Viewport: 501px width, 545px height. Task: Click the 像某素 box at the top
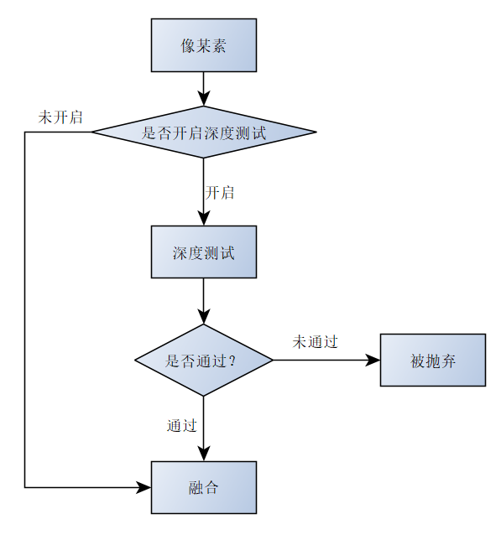click(x=203, y=45)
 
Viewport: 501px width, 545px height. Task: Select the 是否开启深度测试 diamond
click(x=203, y=132)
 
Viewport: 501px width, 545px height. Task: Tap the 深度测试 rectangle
click(x=203, y=252)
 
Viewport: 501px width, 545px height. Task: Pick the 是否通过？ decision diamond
click(x=203, y=361)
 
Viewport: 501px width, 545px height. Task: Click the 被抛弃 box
click(x=432, y=361)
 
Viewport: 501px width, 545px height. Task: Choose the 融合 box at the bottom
click(x=203, y=487)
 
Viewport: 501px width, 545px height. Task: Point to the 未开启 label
click(x=60, y=117)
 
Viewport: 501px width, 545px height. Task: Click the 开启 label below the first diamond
click(x=220, y=193)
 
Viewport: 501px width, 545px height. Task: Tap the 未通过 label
click(x=315, y=342)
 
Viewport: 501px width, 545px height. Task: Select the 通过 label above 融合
click(x=181, y=425)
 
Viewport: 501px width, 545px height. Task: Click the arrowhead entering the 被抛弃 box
click(x=373, y=361)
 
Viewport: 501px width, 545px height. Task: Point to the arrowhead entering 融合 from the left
click(x=144, y=487)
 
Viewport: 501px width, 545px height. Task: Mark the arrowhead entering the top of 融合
click(x=203, y=454)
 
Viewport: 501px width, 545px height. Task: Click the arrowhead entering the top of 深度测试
click(x=203, y=219)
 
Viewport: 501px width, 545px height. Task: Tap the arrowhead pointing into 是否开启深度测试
click(x=203, y=99)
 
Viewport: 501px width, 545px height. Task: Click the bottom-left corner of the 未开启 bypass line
click(x=25, y=487)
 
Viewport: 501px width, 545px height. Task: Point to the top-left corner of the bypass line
click(x=25, y=132)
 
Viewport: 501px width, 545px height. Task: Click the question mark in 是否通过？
click(x=231, y=361)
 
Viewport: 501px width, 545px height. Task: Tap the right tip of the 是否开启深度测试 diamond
click(x=315, y=132)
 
